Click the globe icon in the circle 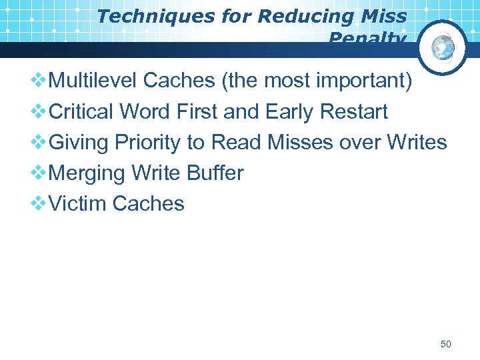[x=443, y=47]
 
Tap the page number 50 [x=446, y=345]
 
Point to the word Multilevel [x=94, y=81]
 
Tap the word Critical [x=82, y=111]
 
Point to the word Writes [x=417, y=142]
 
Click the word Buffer [x=215, y=173]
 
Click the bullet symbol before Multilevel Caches [x=39, y=81]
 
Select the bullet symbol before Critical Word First [x=39, y=112]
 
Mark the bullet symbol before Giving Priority [x=39, y=143]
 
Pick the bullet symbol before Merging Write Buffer [x=39, y=173]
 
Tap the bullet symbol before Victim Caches [x=39, y=204]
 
